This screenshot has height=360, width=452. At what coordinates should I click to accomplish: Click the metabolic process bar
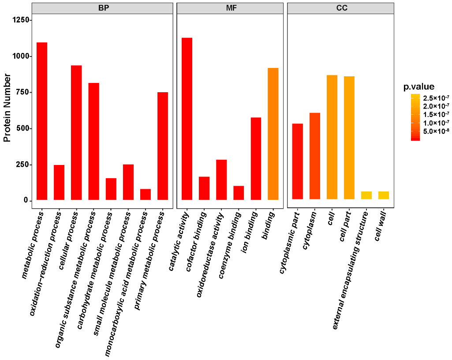[x=42, y=121]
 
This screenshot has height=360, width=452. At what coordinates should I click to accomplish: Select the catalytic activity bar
[x=187, y=119]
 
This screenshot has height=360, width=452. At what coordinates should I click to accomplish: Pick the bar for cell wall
[x=383, y=195]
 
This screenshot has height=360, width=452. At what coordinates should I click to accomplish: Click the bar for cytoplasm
[x=315, y=156]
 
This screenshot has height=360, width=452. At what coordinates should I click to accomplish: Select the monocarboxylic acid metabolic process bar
[x=146, y=195]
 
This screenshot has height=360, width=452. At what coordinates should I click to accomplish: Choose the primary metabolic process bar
[x=163, y=146]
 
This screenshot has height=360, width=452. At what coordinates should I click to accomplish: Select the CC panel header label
[x=341, y=8]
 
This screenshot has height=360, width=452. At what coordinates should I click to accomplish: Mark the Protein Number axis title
[x=7, y=108]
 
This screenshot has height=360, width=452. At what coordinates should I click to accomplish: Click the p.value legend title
[x=419, y=86]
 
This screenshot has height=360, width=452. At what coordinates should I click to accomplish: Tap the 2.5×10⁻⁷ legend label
[x=436, y=97]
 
